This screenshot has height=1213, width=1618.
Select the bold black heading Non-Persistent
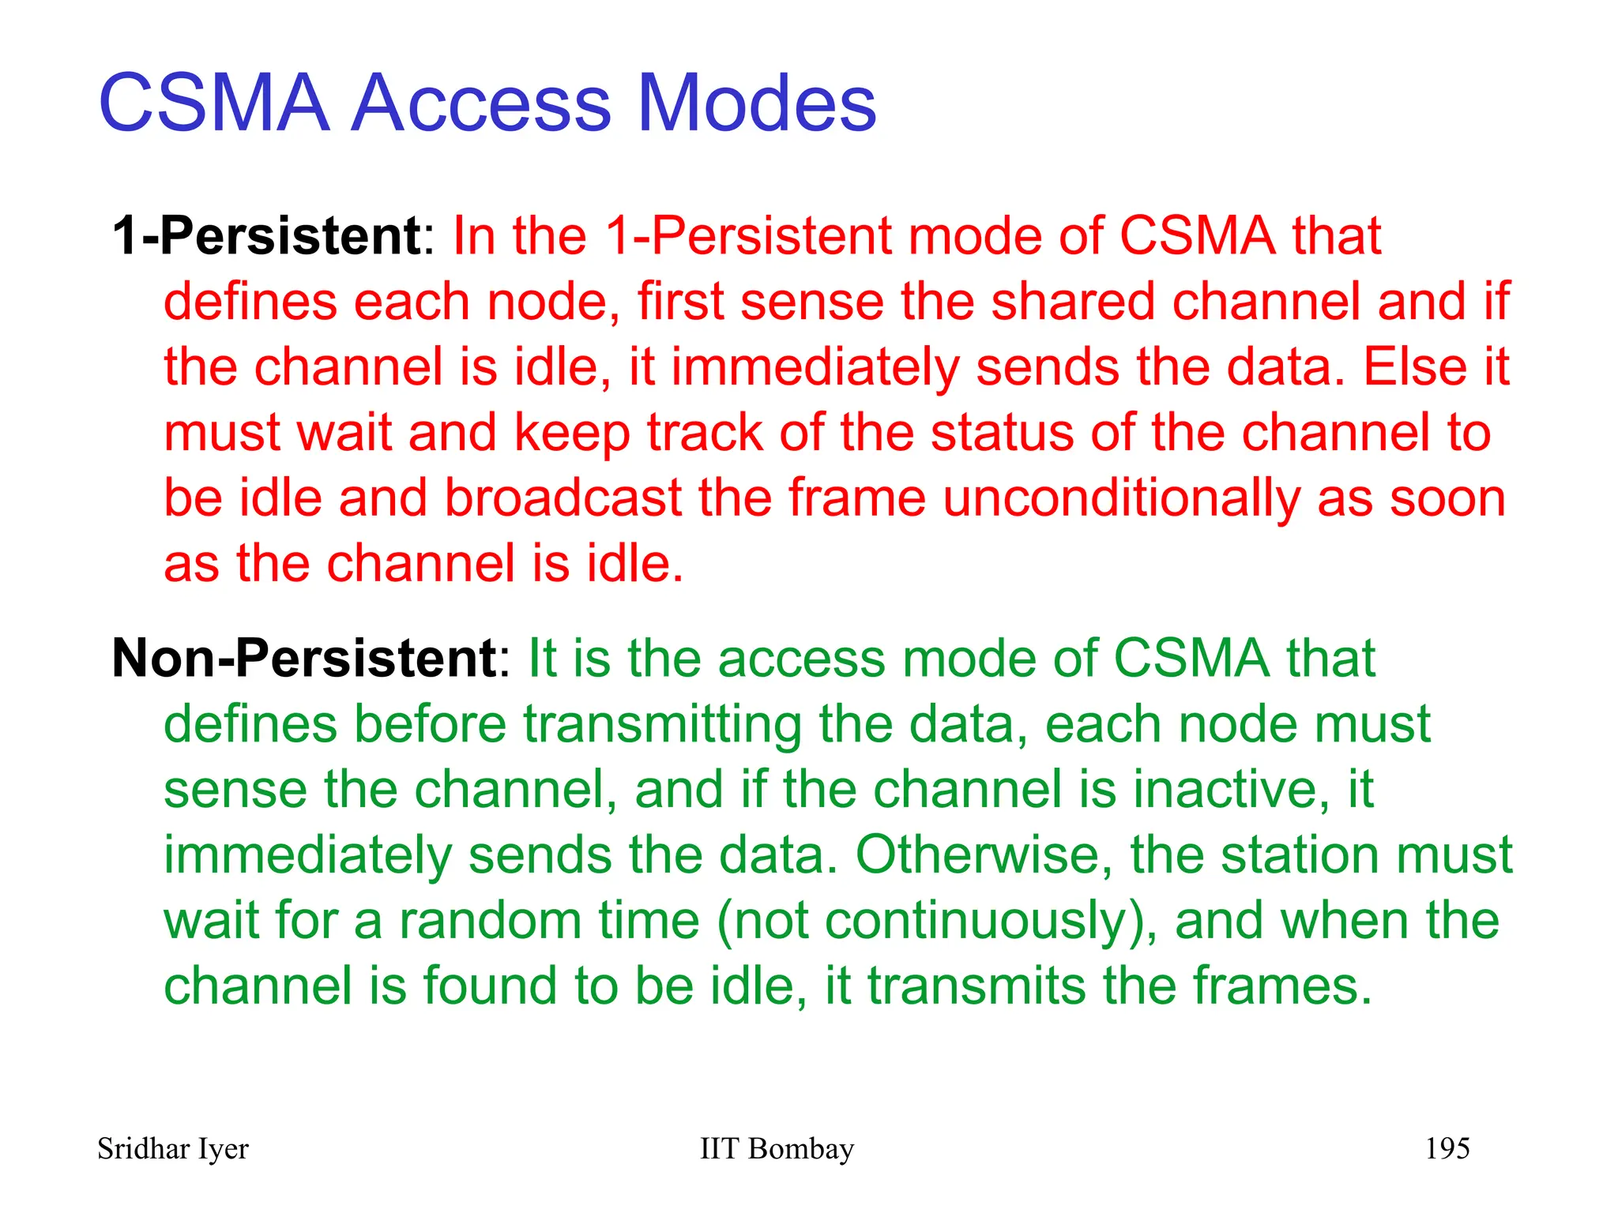click(x=303, y=658)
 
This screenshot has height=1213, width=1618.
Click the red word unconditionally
click(x=1120, y=499)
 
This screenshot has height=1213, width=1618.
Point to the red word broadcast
click(x=563, y=499)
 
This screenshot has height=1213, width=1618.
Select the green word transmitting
click(x=662, y=725)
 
